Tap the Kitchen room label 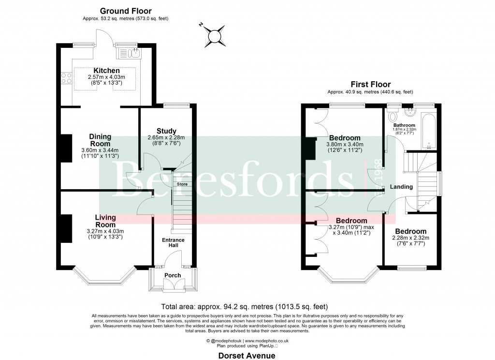pos(106,71)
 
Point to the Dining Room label pos(100,140)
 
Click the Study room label pos(166,131)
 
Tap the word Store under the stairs pos(182,184)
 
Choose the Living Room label pos(105,221)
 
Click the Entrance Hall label pos(173,243)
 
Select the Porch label pos(173,275)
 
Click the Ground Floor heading pos(126,11)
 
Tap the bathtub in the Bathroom pos(429,131)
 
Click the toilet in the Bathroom pos(393,117)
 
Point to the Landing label pos(401,187)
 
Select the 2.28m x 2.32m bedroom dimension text pos(411,238)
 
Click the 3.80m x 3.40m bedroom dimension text pos(346,144)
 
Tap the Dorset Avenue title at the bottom pos(247,356)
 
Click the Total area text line pos(247,306)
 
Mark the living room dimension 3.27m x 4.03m pos(105,231)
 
